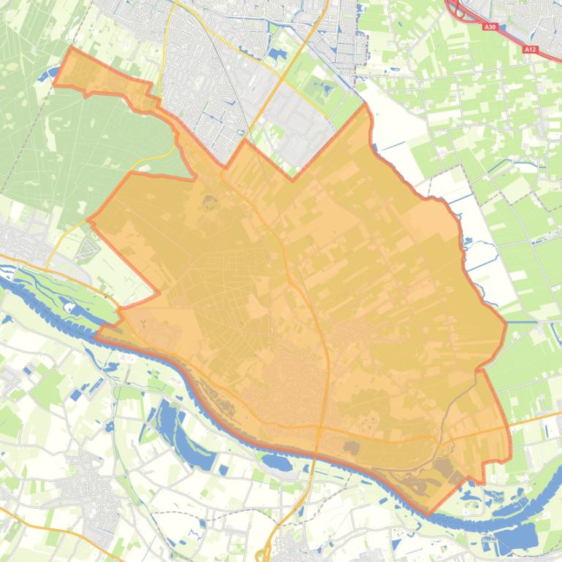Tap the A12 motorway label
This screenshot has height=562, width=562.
click(x=531, y=49)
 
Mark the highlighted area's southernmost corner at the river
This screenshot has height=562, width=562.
click(x=429, y=514)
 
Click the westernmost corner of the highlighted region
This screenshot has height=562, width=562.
click(x=88, y=218)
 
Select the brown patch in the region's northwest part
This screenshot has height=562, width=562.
click(x=210, y=201)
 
